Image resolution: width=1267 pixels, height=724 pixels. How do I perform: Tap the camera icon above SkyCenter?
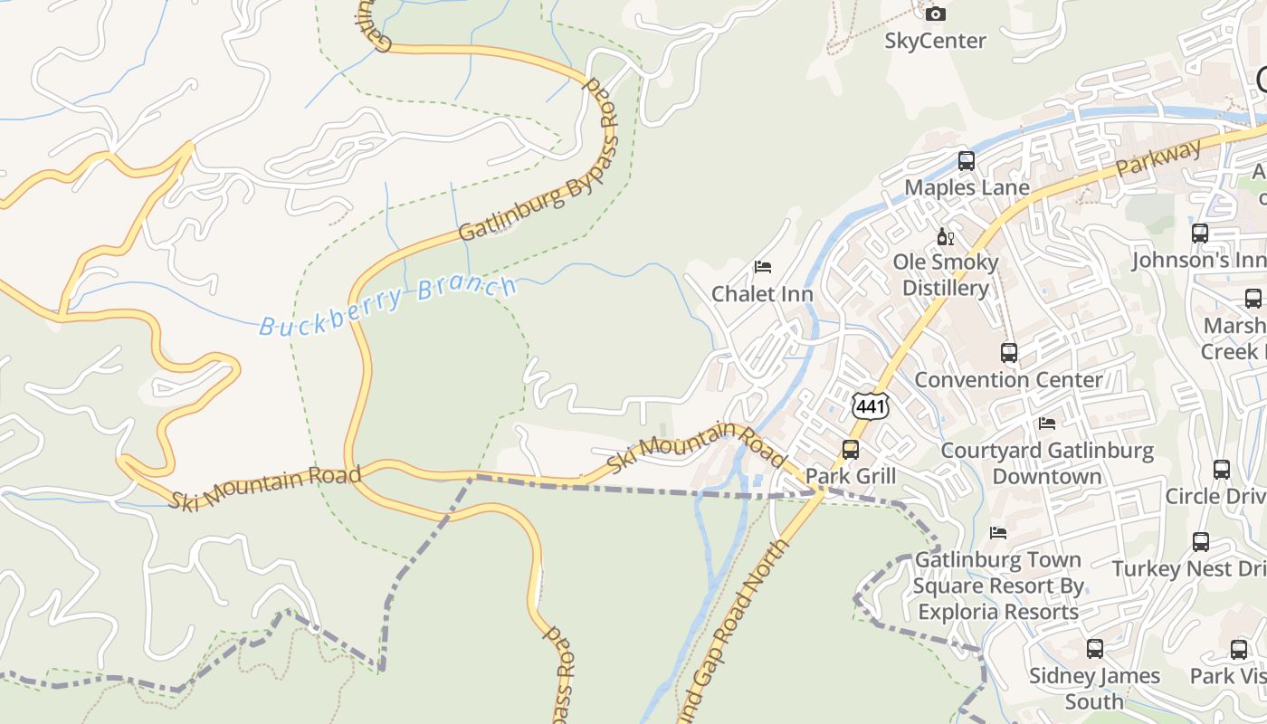coord(936,14)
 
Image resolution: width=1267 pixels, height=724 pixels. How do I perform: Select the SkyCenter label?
coord(935,41)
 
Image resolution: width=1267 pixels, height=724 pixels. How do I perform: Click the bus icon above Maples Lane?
coord(967,161)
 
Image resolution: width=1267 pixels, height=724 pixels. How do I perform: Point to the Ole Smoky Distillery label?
coord(946,275)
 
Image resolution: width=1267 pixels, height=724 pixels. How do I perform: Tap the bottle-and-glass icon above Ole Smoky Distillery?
coord(946,237)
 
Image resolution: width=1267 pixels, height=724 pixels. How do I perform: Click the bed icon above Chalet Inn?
coord(763,267)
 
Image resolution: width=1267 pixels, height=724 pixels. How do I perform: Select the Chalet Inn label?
coord(762,294)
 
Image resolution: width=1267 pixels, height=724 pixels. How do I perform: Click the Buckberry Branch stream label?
coord(388,307)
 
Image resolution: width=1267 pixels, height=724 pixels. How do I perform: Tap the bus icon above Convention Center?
coord(1009,353)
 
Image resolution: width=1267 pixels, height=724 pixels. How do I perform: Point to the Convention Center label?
coord(1008,380)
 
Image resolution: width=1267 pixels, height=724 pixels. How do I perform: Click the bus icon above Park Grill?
coord(851,450)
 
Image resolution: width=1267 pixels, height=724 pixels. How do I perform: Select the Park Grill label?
coord(851,476)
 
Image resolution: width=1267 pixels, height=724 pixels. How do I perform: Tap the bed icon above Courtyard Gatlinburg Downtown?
coord(1047,424)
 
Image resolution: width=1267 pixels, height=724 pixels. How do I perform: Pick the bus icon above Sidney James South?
coord(1094,649)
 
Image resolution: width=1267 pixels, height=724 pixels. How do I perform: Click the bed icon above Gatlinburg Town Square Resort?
coord(998,533)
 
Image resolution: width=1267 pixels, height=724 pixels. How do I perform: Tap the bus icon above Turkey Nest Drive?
coord(1200,542)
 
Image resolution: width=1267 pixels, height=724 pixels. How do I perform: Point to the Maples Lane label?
coord(967,188)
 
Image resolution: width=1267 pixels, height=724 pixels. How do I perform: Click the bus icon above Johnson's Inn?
coord(1200,233)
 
